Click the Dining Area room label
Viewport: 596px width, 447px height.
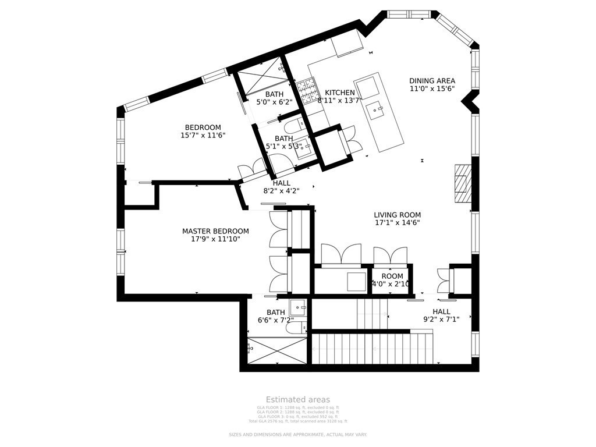tap(432, 81)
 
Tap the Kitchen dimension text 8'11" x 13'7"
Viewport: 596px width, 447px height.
tap(340, 100)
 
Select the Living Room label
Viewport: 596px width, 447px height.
tap(397, 215)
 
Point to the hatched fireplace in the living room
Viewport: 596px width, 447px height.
tap(462, 183)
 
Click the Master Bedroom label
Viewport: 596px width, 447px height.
tap(215, 231)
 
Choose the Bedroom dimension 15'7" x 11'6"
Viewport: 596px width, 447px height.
tap(203, 135)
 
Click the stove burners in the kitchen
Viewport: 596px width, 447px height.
tap(306, 91)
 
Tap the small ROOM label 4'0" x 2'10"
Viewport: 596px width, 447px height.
tap(392, 276)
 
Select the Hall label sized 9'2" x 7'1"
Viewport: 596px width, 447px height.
tap(441, 311)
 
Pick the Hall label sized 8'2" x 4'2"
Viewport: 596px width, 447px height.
tap(281, 183)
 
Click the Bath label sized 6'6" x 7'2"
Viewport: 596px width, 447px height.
tap(276, 312)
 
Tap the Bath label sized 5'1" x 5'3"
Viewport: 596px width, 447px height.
tap(283, 139)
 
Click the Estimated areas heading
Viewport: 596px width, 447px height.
tap(298, 399)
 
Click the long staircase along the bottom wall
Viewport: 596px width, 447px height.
tap(372, 347)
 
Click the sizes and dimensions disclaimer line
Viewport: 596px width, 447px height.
tap(298, 435)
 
